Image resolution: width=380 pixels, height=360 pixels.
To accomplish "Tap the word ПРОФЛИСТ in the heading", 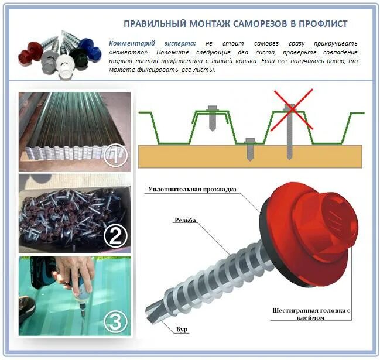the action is [x=322, y=24].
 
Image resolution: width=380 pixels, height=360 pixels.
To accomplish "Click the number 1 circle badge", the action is [x=115, y=155].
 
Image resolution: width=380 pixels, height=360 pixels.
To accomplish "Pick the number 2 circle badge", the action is [x=115, y=235].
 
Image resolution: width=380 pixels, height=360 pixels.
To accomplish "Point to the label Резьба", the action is [x=184, y=221].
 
